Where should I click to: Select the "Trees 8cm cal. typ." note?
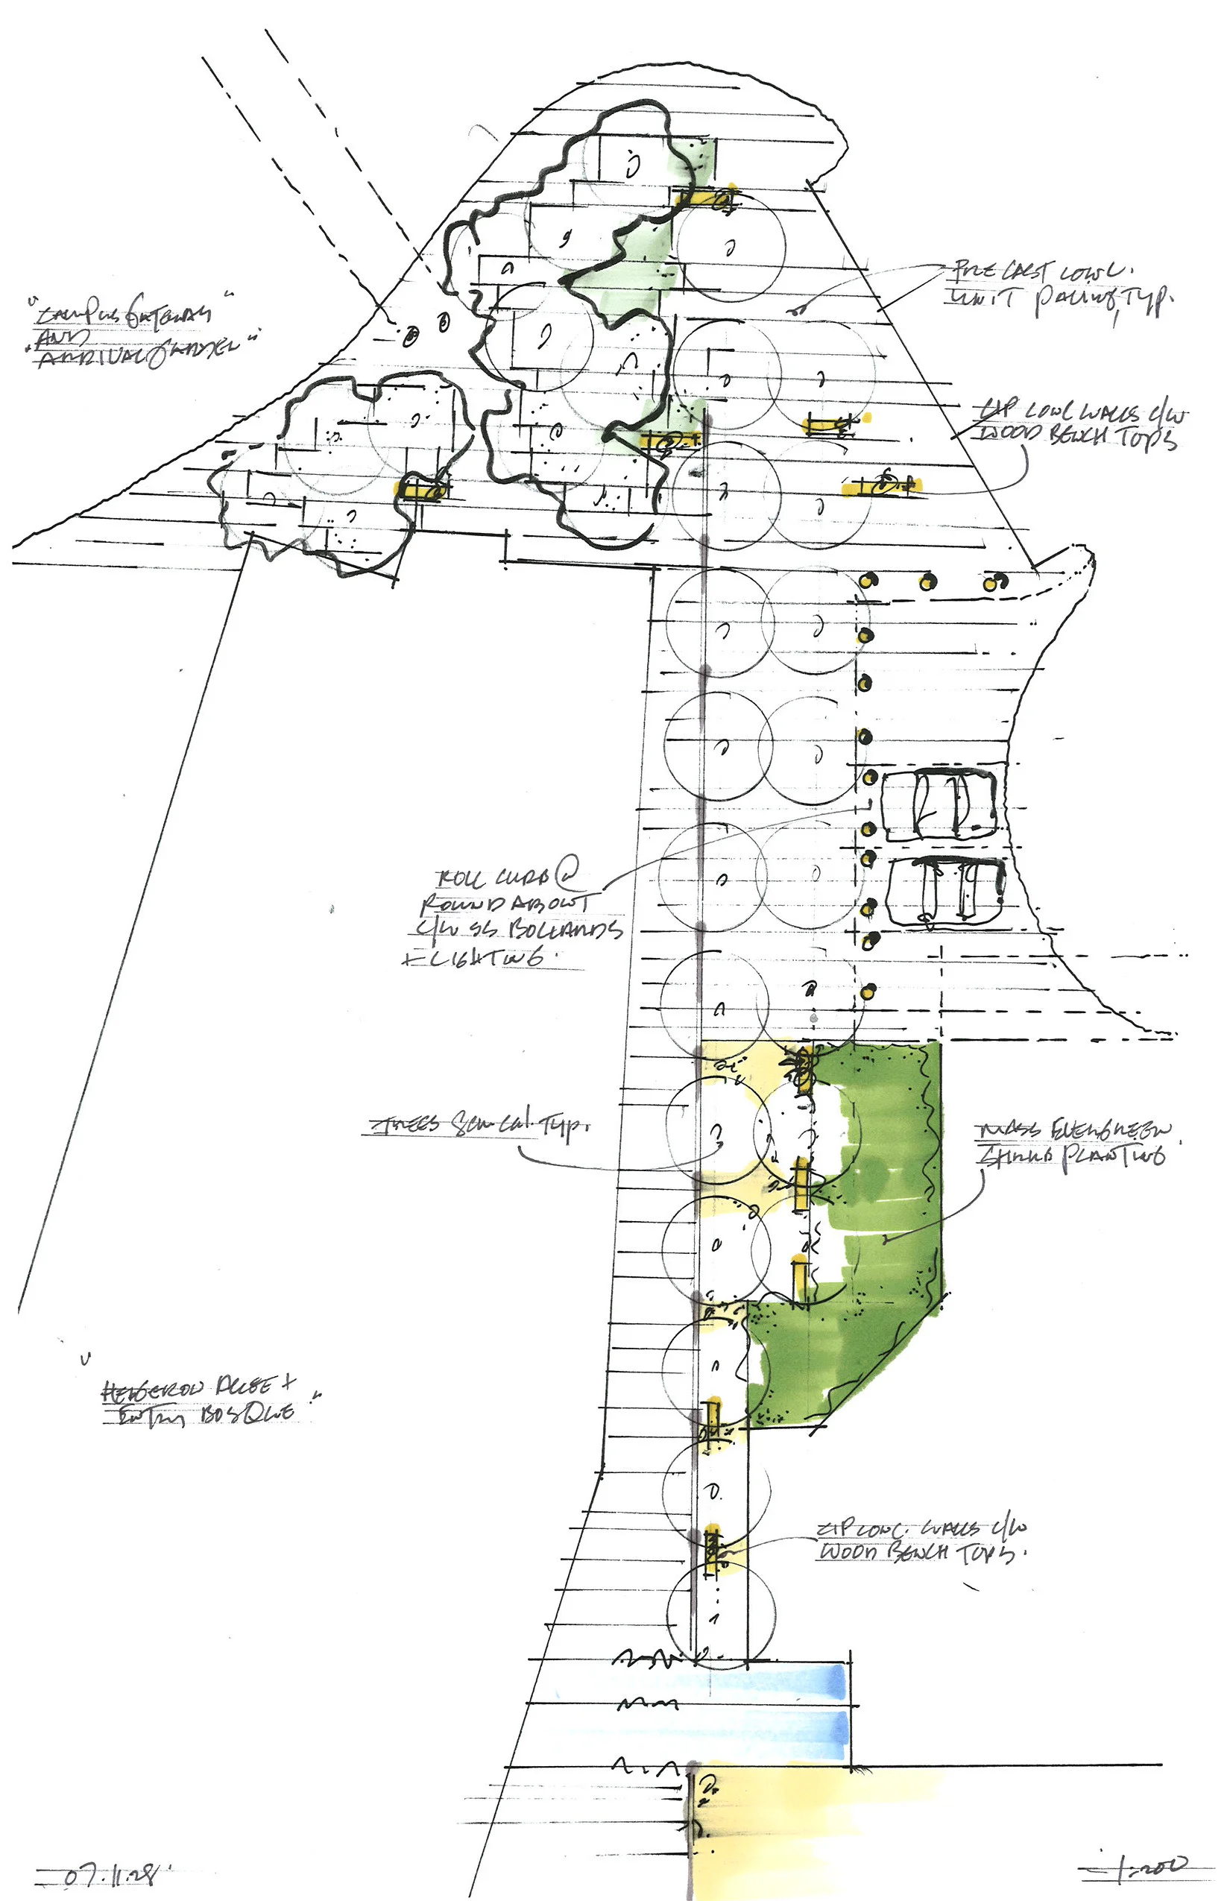coord(479,1125)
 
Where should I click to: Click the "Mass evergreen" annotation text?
coord(1074,1130)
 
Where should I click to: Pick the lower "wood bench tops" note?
coord(918,1551)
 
